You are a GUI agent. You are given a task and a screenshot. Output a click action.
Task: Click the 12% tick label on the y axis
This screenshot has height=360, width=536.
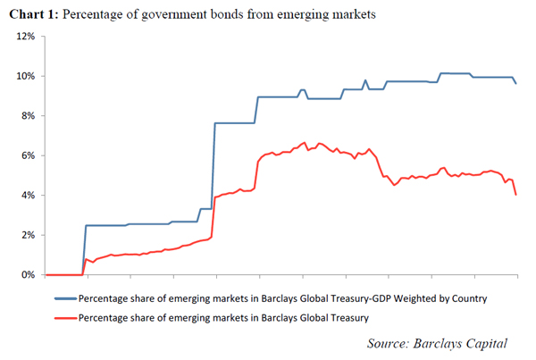click(x=23, y=37)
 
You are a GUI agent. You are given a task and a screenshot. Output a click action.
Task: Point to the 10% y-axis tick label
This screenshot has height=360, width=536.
click(x=23, y=76)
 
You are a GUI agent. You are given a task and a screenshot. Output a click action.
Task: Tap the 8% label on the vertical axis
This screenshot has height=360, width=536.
click(x=26, y=116)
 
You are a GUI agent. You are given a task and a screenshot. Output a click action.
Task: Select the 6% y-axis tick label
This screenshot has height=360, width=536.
click(x=26, y=155)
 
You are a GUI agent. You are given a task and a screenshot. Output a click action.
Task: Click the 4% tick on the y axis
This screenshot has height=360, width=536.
click(x=26, y=196)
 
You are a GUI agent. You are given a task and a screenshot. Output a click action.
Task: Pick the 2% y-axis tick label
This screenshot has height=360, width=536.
click(x=26, y=235)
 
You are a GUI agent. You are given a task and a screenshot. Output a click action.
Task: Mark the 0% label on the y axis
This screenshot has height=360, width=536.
click(x=26, y=275)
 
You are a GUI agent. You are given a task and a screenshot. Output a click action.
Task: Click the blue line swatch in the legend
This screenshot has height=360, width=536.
click(x=64, y=297)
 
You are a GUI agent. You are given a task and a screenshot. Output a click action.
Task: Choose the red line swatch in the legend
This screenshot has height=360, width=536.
click(x=64, y=317)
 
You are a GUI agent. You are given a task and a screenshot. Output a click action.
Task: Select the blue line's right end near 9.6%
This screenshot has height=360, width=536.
click(x=515, y=83)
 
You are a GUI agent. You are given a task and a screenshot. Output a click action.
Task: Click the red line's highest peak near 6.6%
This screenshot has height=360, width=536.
click(x=306, y=142)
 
